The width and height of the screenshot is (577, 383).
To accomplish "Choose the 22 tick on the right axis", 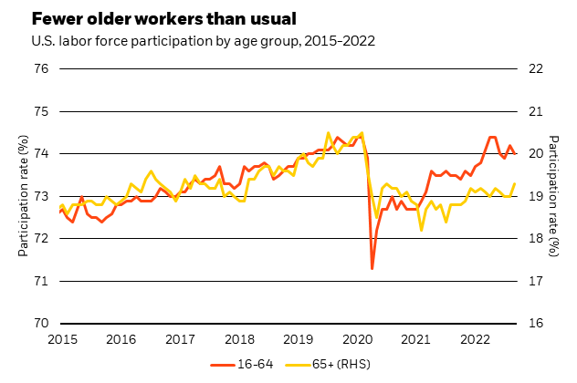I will (536, 69).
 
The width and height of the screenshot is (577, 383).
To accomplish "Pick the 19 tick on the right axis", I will (536, 196).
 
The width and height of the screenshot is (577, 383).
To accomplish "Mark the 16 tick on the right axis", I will (536, 323).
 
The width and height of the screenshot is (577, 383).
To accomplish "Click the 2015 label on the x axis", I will (61, 339).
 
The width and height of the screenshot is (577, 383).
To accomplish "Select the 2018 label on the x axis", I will (239, 339).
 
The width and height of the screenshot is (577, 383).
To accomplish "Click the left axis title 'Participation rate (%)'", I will (23, 196).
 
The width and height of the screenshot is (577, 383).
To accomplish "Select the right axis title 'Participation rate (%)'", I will (557, 196).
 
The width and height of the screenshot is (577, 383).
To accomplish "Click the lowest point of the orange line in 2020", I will (372, 268).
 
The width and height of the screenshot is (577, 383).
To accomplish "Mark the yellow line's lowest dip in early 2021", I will (421, 230).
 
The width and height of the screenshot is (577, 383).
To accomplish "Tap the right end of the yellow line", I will (515, 184).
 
